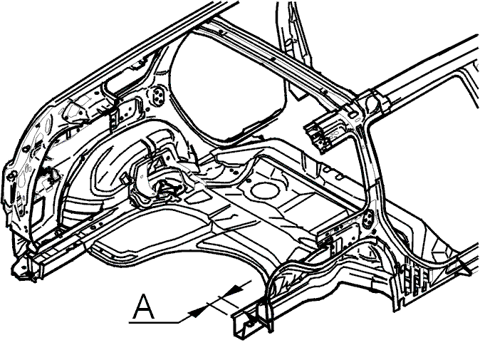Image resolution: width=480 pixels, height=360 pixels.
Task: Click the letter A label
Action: point(144,307)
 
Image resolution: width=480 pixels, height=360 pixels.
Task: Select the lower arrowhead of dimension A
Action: point(197,312)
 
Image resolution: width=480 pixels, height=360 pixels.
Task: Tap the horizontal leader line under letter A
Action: point(154,322)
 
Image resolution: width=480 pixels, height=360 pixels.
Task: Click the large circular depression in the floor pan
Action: point(265,190)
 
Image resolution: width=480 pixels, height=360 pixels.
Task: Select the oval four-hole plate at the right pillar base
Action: point(367,219)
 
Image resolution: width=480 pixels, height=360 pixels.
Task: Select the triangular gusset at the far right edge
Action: point(465,266)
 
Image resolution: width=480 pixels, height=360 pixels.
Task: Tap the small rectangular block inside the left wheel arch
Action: point(124,178)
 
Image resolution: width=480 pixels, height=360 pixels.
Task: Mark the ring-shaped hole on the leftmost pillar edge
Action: point(11,175)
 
